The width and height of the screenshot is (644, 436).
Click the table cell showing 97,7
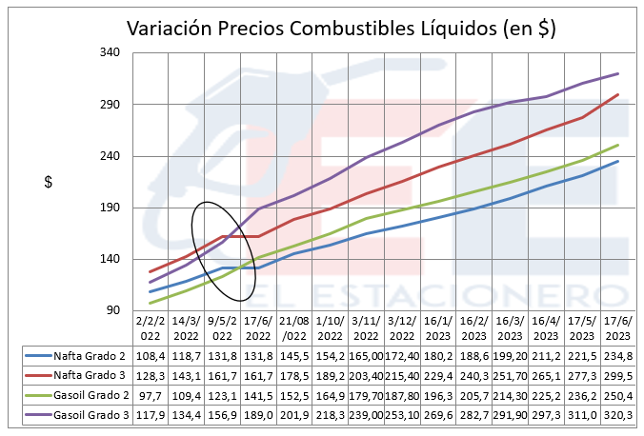pyautogui.click(x=151, y=395)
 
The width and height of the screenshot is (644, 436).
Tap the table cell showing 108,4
pyautogui.click(x=151, y=354)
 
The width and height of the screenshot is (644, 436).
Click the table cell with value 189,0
pyautogui.click(x=259, y=416)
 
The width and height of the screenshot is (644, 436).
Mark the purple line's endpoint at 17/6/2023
pyautogui.click(x=618, y=73)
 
